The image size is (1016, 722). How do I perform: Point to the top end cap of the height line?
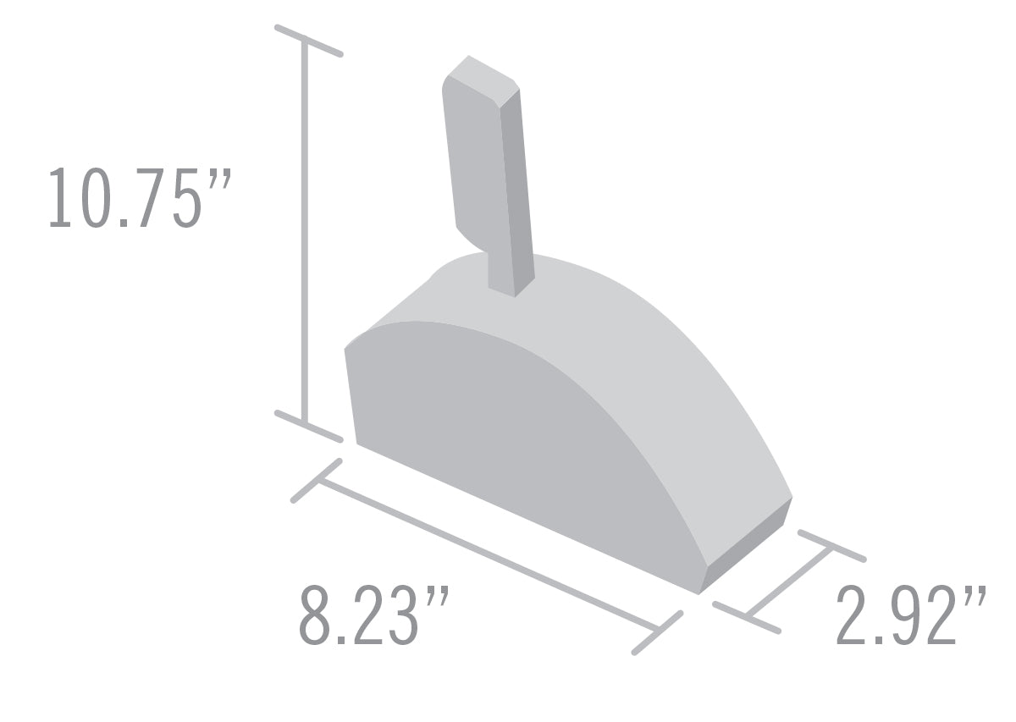coord(308,40)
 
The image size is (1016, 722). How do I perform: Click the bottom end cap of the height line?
coord(308,426)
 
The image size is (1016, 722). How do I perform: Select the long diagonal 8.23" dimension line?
coord(487,554)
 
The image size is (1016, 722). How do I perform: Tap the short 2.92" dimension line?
coord(787,581)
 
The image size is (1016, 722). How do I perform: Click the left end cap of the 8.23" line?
coord(317,480)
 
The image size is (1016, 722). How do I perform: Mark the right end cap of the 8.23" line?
coord(658,631)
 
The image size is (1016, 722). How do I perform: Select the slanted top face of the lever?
coord(481,74)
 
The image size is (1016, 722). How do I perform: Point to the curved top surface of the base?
coord(643,339)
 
